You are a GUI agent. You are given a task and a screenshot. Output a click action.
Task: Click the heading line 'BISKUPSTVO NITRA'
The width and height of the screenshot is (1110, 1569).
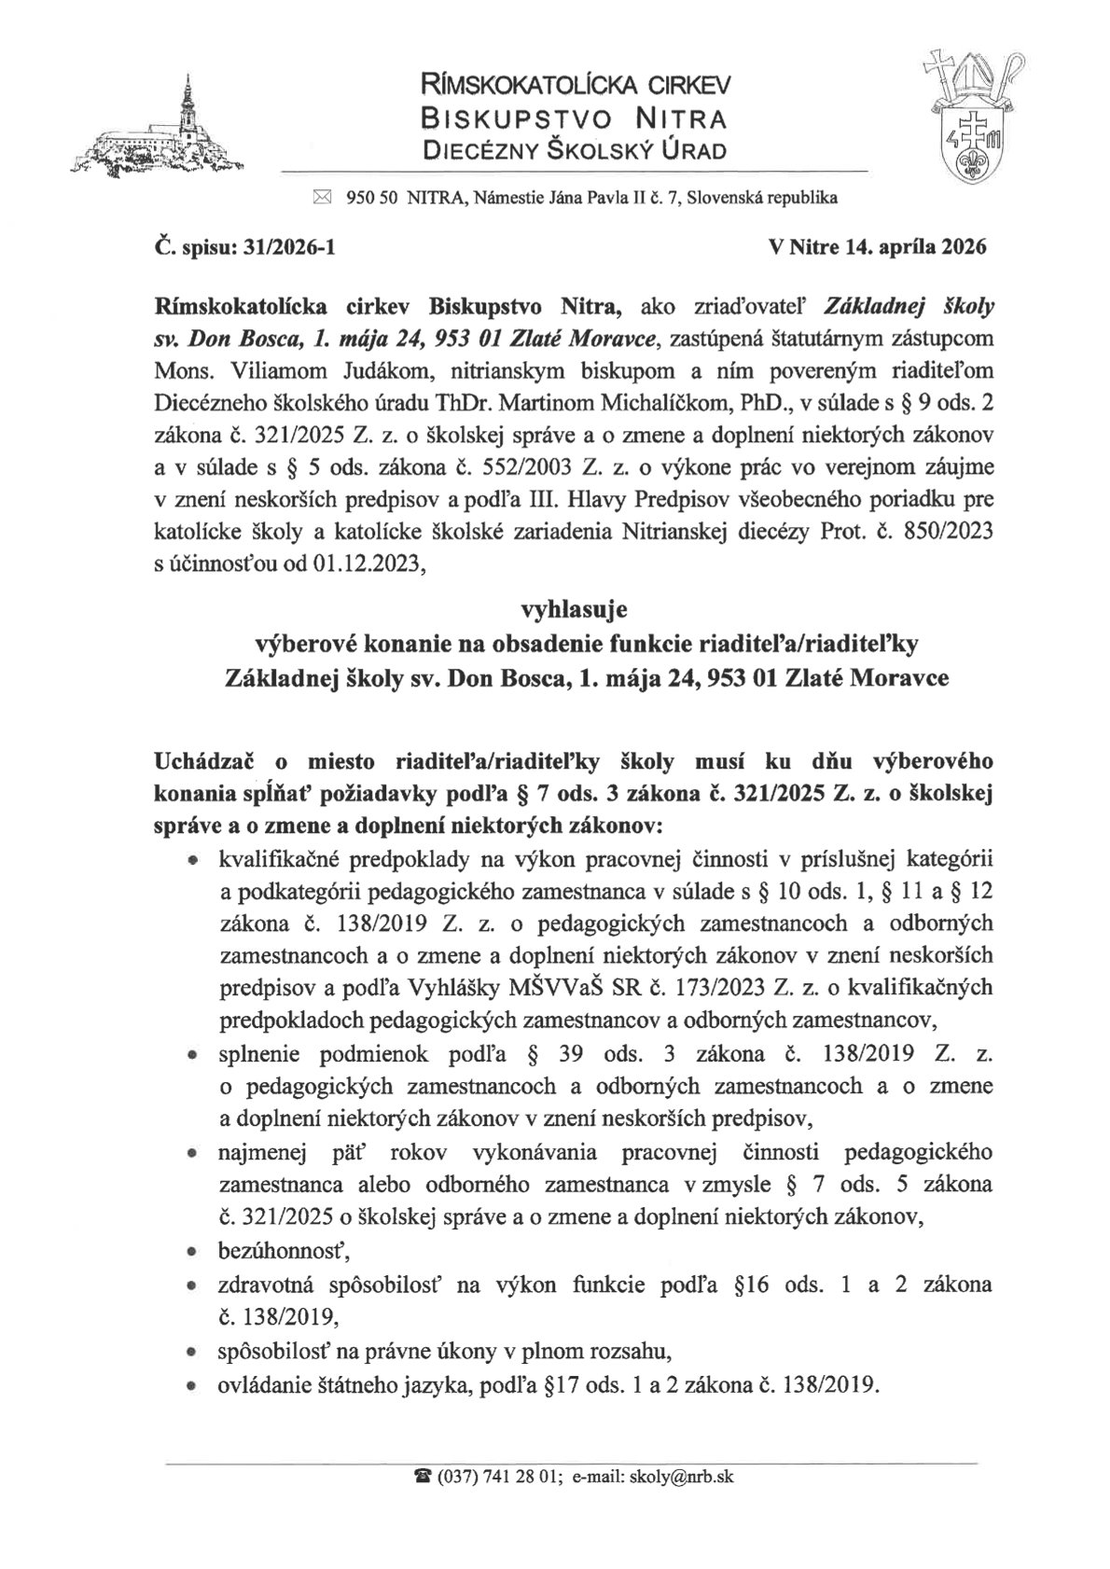[x=574, y=118]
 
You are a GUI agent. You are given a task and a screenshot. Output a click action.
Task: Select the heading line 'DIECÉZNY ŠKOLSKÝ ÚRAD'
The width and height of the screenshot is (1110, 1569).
[x=574, y=149]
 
